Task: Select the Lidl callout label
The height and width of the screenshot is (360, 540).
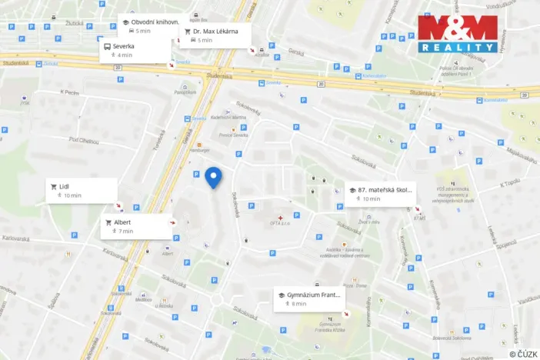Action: tap(83, 190)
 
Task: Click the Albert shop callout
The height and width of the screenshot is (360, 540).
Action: tap(137, 226)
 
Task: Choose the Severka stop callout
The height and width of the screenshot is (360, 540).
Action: tap(135, 50)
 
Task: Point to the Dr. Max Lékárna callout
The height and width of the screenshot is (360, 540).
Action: tap(215, 35)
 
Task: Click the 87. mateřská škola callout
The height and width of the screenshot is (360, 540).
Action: tap(380, 193)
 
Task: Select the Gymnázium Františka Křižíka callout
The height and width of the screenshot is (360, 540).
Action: tap(310, 298)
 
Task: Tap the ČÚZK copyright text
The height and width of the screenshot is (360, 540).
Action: tap(522, 354)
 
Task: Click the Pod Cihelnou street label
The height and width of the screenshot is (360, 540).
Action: tap(85, 140)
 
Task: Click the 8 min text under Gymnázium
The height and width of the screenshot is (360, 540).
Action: tap(299, 304)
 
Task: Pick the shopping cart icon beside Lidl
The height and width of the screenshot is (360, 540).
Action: tap(54, 185)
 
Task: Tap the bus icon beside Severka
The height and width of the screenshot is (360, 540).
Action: tap(107, 46)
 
